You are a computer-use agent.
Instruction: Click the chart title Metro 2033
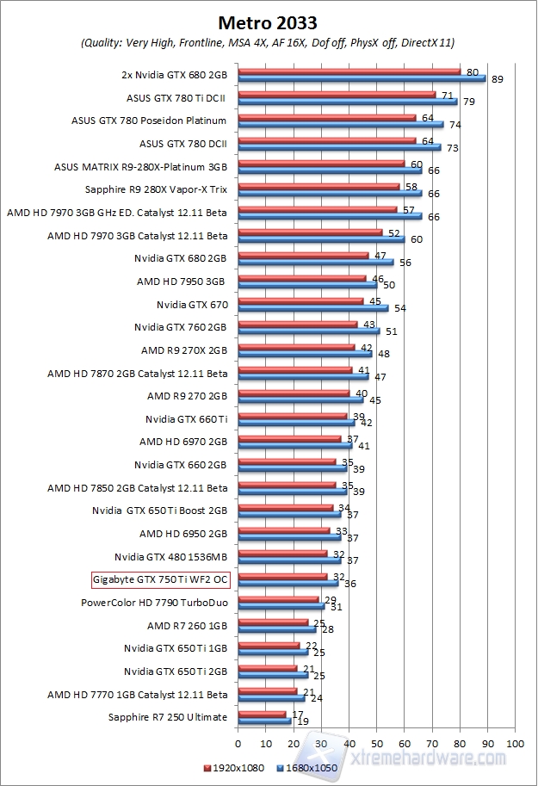tap(269, 21)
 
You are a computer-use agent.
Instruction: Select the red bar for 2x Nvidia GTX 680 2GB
tap(349, 71)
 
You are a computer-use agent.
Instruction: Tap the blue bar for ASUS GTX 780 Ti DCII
tap(347, 102)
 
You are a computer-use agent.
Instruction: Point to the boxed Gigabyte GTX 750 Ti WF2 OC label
tap(159, 579)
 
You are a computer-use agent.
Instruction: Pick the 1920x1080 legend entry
tap(234, 765)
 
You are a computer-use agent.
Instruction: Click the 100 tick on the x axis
tap(515, 742)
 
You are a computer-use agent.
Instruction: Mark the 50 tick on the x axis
tap(376, 742)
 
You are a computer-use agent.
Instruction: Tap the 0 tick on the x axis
tap(237, 742)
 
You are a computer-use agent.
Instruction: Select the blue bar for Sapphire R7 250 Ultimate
tap(263, 721)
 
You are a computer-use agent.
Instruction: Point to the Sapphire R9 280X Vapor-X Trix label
tap(157, 189)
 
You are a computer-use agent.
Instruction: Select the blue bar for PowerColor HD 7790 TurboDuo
tap(280, 606)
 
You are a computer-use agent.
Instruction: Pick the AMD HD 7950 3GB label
tap(181, 282)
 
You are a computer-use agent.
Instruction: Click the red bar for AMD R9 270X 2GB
tap(295, 347)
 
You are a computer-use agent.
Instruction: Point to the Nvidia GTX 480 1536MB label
tap(170, 556)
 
